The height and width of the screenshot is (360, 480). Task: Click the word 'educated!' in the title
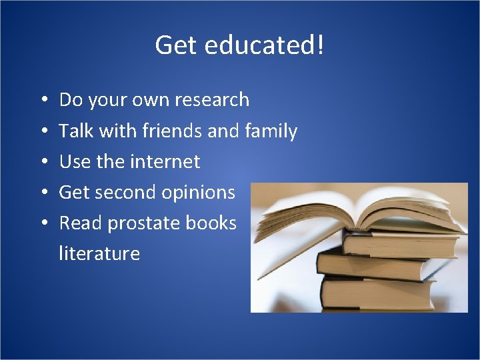click(265, 45)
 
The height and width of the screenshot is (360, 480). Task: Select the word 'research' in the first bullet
click(211, 100)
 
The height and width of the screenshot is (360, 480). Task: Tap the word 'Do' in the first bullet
click(70, 100)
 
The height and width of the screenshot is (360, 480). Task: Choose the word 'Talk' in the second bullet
click(76, 131)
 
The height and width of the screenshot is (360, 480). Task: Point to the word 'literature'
click(99, 253)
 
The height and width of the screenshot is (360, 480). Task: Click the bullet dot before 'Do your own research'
click(42, 101)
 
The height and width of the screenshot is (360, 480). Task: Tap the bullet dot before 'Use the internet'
click(42, 162)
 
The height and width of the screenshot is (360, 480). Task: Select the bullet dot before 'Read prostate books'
click(42, 223)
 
